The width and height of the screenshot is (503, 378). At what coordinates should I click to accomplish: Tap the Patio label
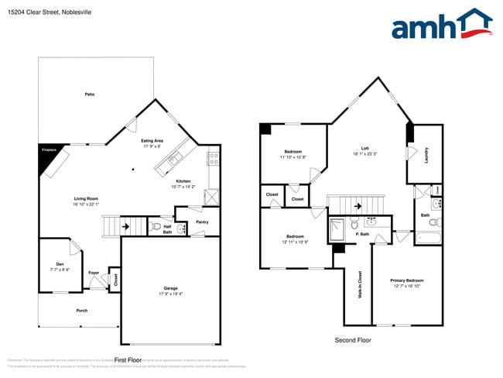click(90, 94)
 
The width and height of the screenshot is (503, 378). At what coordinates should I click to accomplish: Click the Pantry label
click(202, 222)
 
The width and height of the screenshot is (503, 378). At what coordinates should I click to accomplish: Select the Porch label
click(81, 311)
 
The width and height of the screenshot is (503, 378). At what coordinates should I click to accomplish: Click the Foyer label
click(94, 273)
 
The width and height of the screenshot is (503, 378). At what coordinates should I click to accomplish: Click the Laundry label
click(426, 155)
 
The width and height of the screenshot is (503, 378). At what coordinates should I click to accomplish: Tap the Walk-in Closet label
click(360, 284)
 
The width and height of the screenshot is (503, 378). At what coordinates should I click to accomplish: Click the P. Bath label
click(361, 234)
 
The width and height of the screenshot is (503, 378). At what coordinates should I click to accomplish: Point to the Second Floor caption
click(353, 340)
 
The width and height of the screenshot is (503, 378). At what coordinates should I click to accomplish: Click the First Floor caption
click(128, 359)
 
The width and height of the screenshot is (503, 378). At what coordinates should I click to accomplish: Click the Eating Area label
click(152, 140)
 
